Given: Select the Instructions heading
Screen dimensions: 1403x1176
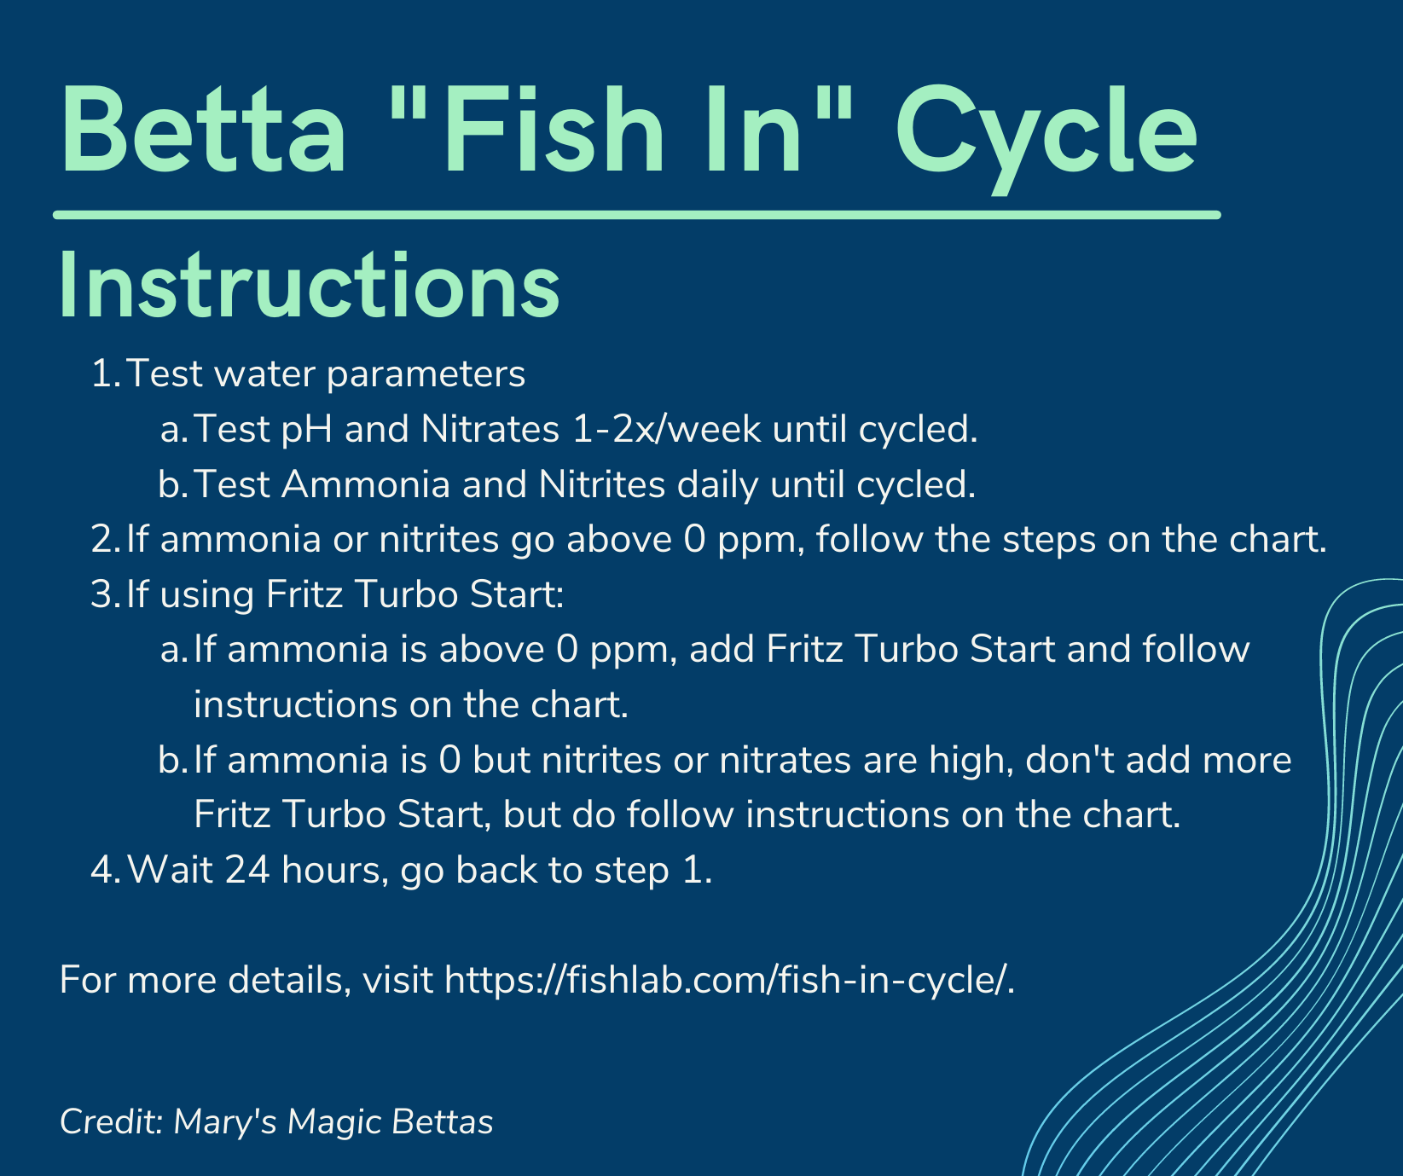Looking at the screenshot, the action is tap(310, 286).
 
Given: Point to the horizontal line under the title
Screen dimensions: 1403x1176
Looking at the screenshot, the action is tap(637, 214).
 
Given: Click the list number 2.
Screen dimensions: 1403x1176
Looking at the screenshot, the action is tap(104, 540).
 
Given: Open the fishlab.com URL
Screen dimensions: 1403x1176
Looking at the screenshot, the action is tap(728, 982).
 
